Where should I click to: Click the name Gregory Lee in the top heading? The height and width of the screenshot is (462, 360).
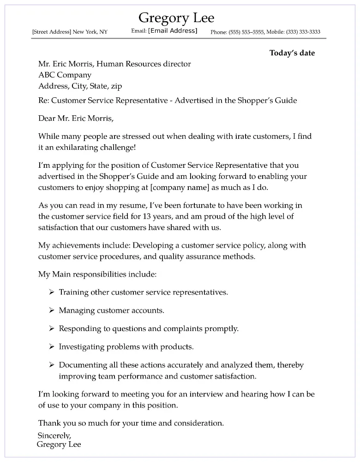tap(176, 18)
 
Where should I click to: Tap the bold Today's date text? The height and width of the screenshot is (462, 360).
tap(292, 53)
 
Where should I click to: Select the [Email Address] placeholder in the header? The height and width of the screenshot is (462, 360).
tap(172, 31)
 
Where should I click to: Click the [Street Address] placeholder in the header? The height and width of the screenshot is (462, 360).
tap(52, 32)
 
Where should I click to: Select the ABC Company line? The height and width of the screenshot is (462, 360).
tap(65, 75)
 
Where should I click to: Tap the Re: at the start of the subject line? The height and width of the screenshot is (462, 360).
tap(43, 101)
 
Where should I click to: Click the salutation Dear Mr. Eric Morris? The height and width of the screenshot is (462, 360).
tap(75, 118)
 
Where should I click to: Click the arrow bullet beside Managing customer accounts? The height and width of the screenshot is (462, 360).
tap(52, 311)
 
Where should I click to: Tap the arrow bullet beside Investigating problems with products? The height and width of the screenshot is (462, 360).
tap(52, 347)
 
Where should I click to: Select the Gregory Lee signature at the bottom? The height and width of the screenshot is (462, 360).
tap(59, 444)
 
